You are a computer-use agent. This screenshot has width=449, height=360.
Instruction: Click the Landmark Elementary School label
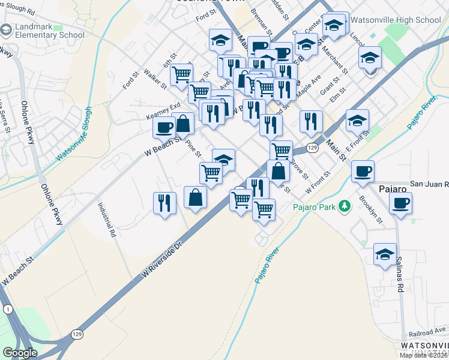click(x=50, y=31)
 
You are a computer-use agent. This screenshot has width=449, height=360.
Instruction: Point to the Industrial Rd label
click(x=107, y=219)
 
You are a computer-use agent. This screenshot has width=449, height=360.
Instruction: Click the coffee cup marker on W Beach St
click(x=164, y=127)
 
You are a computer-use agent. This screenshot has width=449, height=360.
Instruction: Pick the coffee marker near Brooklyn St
click(x=363, y=171)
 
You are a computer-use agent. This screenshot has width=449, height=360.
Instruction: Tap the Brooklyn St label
click(x=370, y=208)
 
